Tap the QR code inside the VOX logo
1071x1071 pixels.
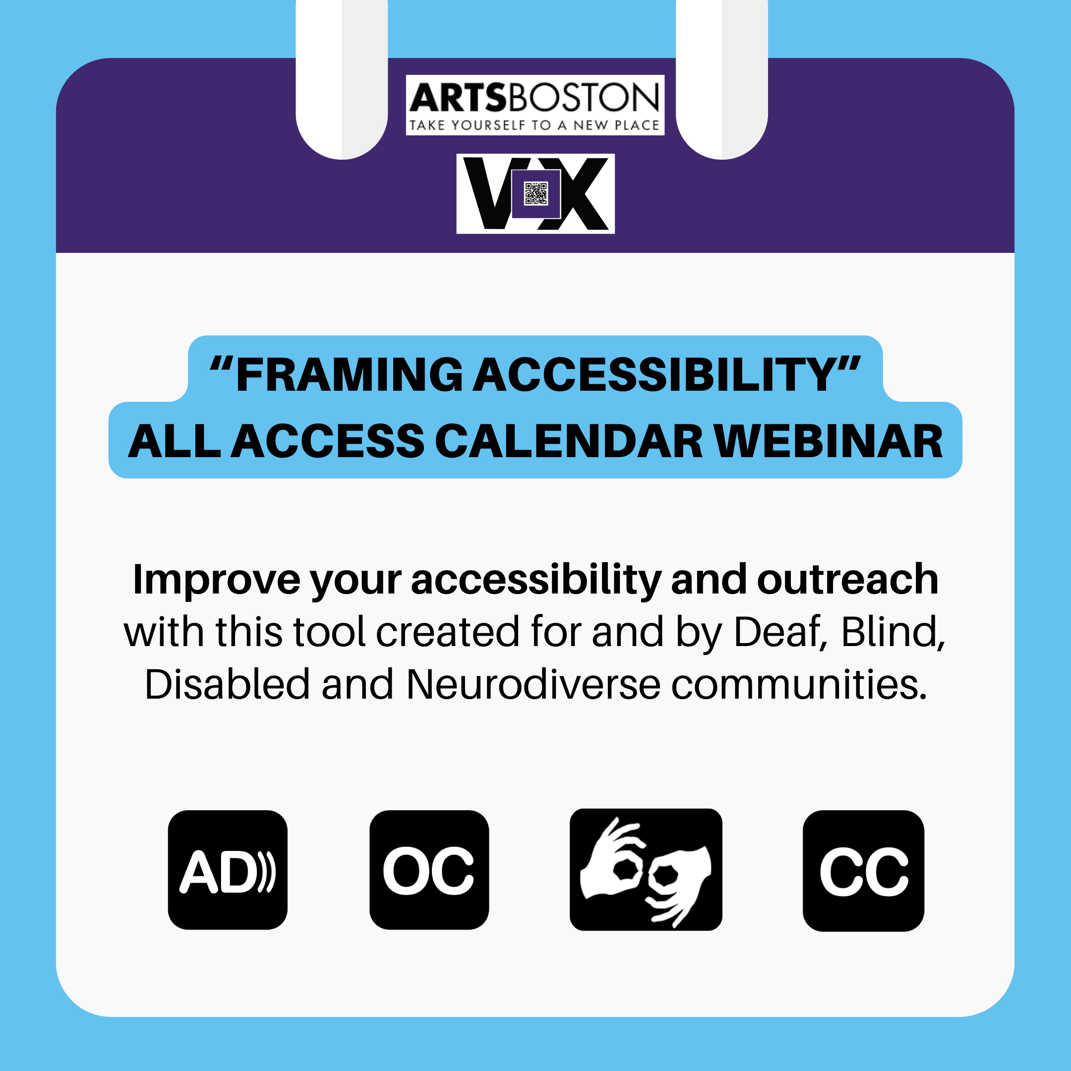[x=535, y=193]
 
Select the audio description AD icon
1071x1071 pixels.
[x=227, y=870]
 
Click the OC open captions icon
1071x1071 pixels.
[x=429, y=870]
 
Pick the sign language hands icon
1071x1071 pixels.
[x=646, y=869]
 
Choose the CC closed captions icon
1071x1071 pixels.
[x=863, y=871]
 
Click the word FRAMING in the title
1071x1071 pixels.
[x=349, y=375]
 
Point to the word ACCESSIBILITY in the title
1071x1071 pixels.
[x=654, y=375]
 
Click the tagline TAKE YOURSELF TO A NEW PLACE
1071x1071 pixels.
[x=535, y=125]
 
